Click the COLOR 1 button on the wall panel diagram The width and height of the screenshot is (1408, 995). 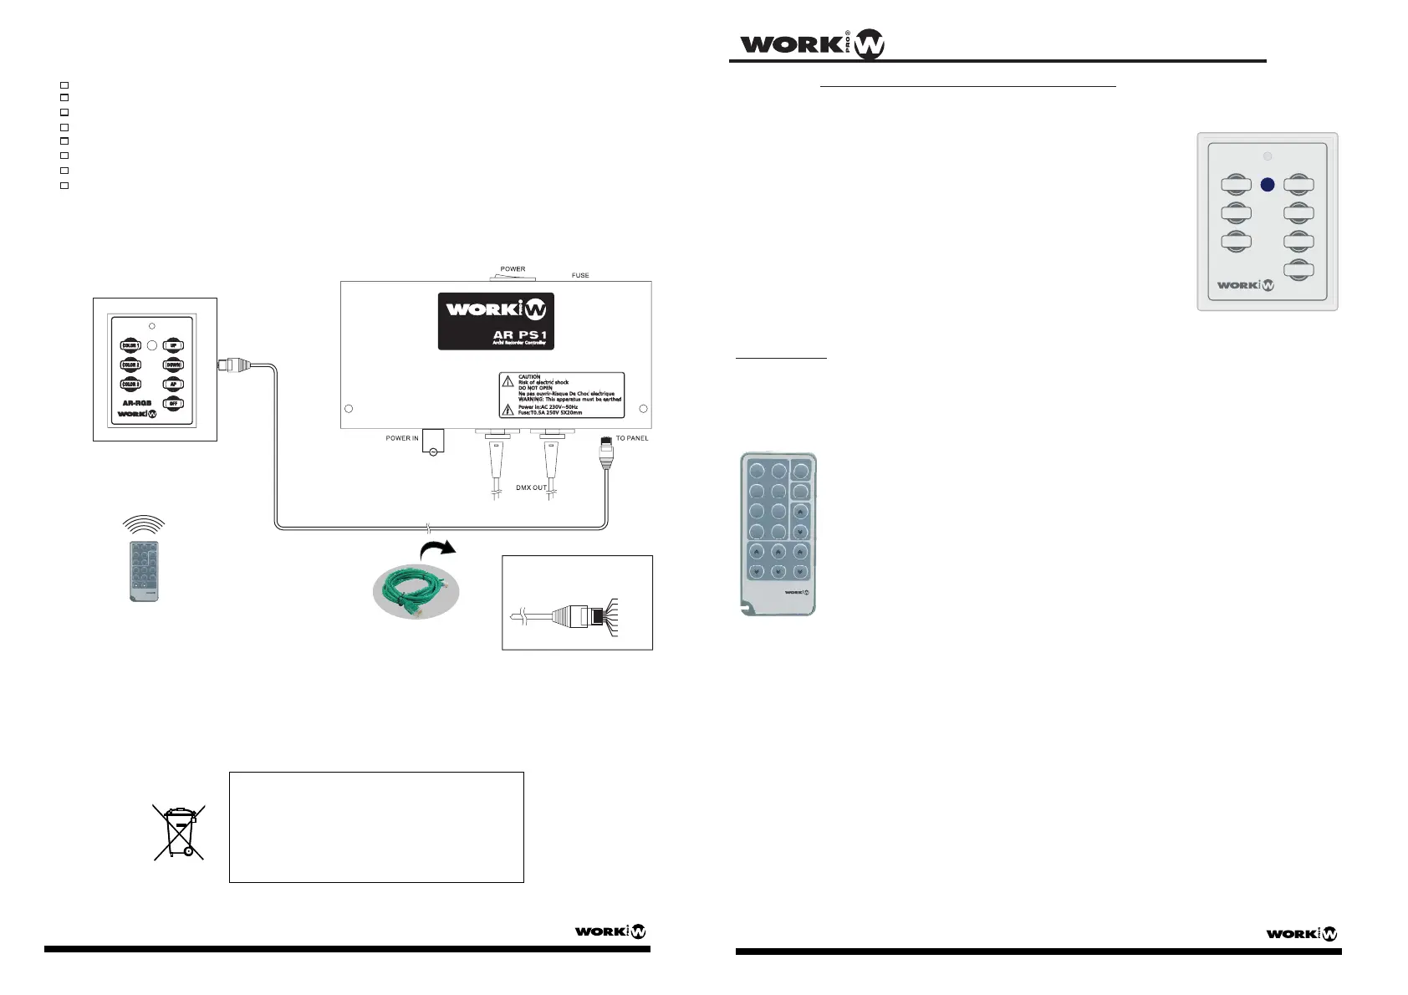(131, 345)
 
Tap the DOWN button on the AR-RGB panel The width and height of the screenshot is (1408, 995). (173, 365)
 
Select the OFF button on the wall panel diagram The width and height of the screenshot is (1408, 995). (173, 403)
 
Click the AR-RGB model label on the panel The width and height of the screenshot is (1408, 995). (137, 403)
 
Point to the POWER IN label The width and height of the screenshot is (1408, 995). (402, 438)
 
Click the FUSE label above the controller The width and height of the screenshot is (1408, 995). (580, 275)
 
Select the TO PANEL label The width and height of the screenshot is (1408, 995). (632, 438)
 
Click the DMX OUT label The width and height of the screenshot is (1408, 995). (531, 487)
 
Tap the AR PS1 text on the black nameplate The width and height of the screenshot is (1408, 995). (519, 335)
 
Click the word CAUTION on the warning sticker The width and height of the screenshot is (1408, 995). (529, 377)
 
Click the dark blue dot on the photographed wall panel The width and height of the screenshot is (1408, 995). (1268, 185)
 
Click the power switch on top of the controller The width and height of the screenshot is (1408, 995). (513, 278)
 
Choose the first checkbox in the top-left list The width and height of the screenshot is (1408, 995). (64, 85)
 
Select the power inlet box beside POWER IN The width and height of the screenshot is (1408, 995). (433, 441)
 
